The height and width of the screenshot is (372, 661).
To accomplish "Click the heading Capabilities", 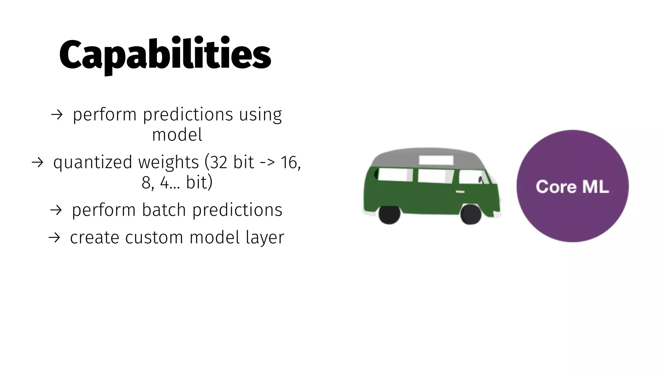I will [165, 54].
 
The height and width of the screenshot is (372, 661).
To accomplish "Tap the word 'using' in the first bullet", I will [260, 115].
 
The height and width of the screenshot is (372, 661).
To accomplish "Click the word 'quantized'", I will [93, 162].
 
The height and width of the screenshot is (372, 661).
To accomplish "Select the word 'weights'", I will [168, 162].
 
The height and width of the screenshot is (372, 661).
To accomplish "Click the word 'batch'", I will [164, 210].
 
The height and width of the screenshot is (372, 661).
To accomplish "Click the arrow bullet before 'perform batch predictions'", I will [56, 210].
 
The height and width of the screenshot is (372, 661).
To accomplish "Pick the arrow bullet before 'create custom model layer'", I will [54, 238].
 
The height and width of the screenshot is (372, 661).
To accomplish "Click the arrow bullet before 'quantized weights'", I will [37, 162].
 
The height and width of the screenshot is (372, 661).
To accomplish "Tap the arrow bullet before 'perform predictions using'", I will [57, 115].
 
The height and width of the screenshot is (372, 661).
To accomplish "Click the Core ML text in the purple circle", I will [572, 187].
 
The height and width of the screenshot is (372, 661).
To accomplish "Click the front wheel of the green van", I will [471, 214].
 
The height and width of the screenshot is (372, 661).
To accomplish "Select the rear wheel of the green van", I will [390, 214].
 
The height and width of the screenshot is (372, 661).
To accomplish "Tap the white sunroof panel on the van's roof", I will [436, 160].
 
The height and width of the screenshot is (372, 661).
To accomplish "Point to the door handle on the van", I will [460, 192].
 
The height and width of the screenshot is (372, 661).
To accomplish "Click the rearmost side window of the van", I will [395, 175].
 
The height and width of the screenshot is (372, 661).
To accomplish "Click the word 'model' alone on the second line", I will [177, 135].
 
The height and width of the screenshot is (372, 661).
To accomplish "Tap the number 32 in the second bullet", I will [219, 162].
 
